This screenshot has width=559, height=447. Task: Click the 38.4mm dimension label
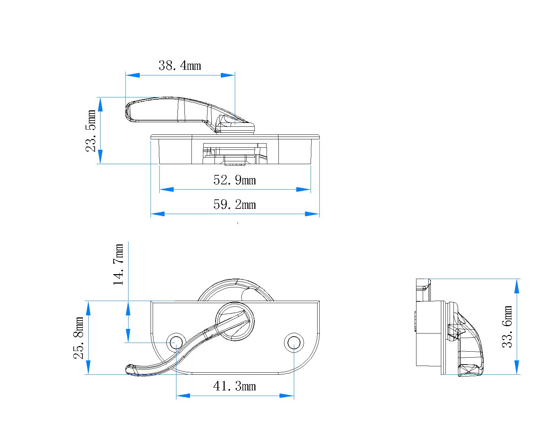[180, 65]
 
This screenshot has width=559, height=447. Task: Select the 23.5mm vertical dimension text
[91, 131]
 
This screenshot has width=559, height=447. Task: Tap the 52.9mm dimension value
[234, 180]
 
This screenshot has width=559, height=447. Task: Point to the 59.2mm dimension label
[234, 205]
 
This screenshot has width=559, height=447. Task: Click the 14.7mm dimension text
[119, 264]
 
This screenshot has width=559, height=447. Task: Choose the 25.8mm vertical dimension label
[79, 338]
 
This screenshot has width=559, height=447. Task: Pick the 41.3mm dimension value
[234, 386]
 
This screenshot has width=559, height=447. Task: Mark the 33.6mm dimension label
[507, 327]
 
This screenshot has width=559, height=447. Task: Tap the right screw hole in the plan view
[294, 342]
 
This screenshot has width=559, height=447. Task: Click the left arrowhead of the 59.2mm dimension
[158, 214]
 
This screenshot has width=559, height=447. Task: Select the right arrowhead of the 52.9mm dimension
[303, 190]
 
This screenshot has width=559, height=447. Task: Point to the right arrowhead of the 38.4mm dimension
[228, 75]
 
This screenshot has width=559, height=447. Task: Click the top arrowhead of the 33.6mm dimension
[517, 286]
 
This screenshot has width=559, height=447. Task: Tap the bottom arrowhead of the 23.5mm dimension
[100, 157]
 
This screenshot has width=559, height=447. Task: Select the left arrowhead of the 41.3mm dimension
[183, 396]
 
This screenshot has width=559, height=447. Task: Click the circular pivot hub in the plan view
[235, 321]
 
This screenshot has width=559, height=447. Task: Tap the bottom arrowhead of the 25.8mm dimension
[88, 367]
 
